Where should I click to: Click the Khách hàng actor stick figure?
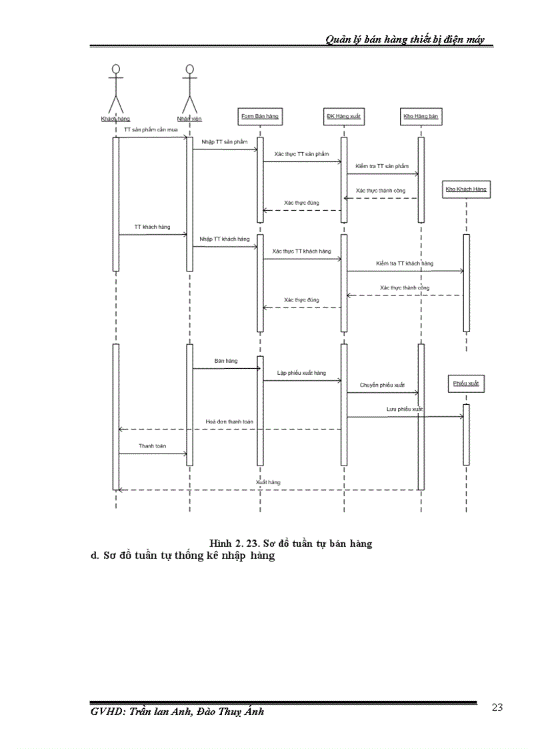pos(116,88)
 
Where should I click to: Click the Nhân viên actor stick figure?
pos(189,88)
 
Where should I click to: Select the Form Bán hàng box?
pos(259,116)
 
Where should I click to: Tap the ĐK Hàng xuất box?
pos(343,117)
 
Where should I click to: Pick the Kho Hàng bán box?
pos(421,117)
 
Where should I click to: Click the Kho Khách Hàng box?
pos(466,189)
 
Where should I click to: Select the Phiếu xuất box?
pos(466,384)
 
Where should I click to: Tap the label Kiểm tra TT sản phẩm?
pos(382,166)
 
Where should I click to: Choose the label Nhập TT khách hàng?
pos(225,239)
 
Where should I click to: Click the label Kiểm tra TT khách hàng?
pos(404,263)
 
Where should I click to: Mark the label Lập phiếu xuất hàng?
pos(302,373)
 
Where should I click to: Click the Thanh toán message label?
pos(152,446)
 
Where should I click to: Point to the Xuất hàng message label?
pos(268,482)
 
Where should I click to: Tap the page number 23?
pos(497,708)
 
